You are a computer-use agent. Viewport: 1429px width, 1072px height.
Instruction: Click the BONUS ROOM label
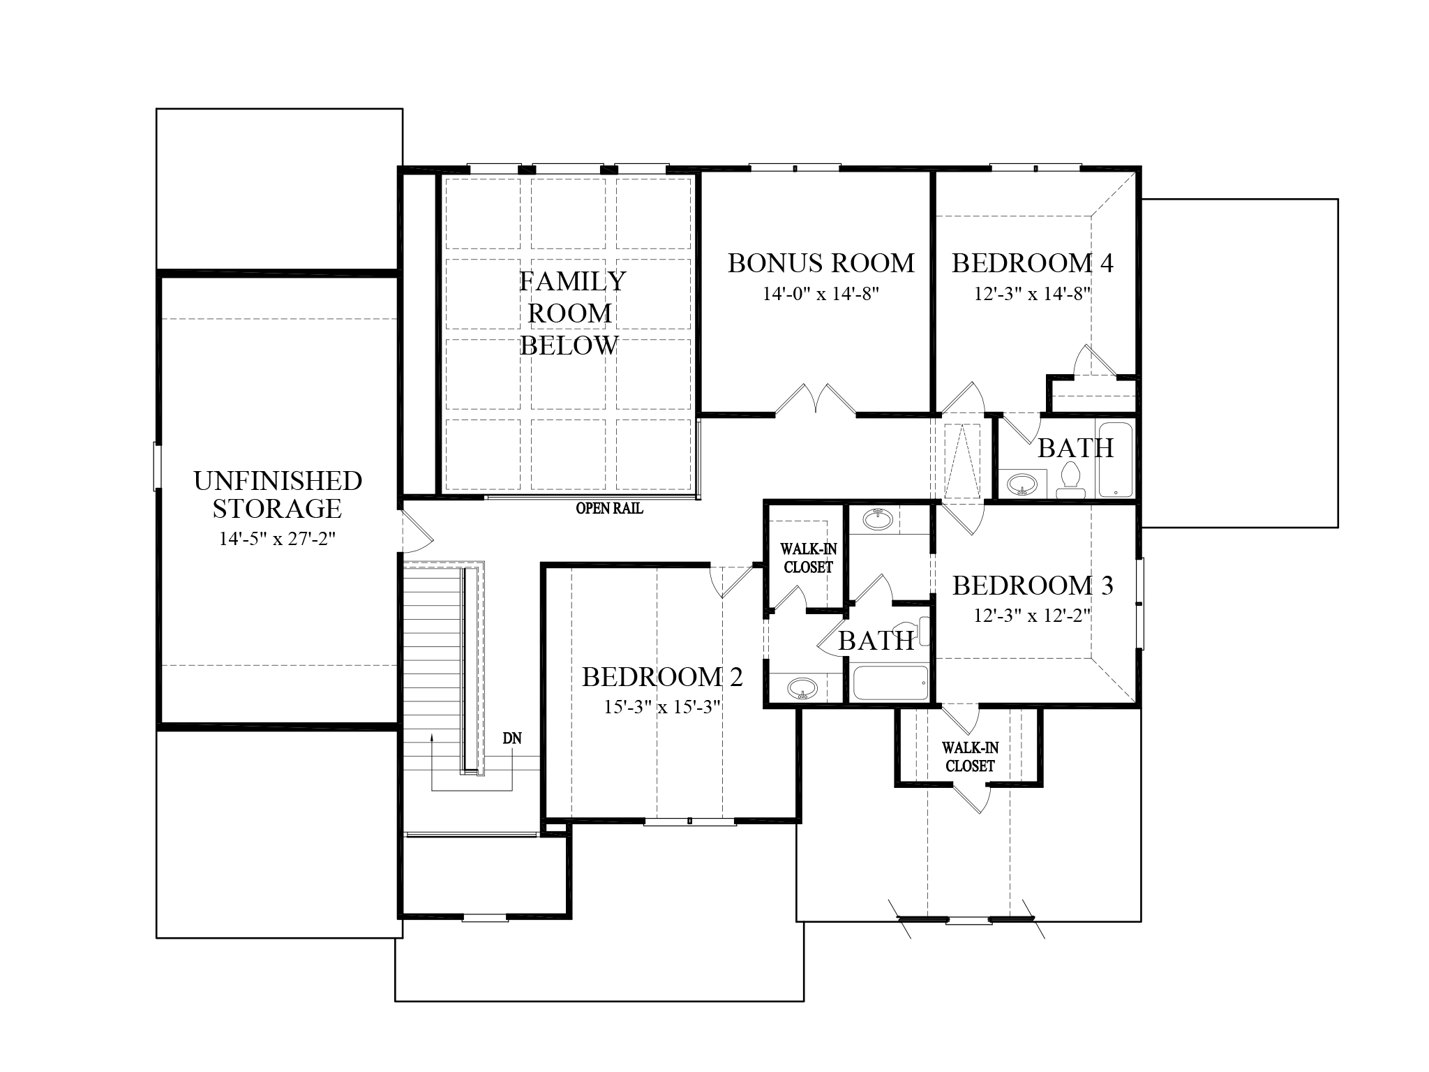point(821,263)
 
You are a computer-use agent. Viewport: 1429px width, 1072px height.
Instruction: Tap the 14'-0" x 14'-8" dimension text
point(821,294)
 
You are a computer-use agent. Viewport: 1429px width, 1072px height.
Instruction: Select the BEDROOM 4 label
point(1033,263)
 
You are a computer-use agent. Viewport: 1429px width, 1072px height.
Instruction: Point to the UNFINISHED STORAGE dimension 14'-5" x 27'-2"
point(278,539)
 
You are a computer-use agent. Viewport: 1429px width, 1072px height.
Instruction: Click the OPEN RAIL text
point(609,509)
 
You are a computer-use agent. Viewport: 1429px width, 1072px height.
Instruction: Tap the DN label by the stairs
point(512,738)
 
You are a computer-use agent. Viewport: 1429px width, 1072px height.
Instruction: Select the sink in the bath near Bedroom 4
point(1023,483)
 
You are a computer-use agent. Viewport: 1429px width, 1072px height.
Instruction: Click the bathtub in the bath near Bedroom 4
point(1116,458)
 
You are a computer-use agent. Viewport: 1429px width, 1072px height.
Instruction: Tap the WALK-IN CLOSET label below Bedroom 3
point(970,757)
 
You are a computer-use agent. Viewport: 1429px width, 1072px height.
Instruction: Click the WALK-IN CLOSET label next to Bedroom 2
point(808,558)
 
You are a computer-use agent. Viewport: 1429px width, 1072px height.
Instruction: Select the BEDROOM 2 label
point(662,677)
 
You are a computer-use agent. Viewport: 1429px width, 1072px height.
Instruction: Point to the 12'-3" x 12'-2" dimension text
point(1033,616)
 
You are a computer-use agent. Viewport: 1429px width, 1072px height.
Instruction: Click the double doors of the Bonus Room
point(815,400)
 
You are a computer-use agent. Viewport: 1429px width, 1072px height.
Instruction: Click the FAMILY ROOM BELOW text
point(571,313)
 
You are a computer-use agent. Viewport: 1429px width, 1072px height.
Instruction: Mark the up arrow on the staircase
point(432,738)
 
